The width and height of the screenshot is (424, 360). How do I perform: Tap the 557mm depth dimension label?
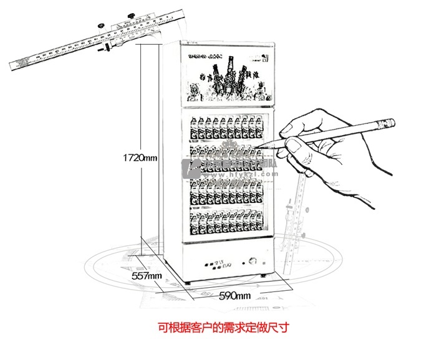147,275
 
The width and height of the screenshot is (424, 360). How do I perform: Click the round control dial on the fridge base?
253,262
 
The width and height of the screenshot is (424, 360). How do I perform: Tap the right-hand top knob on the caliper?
132,15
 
